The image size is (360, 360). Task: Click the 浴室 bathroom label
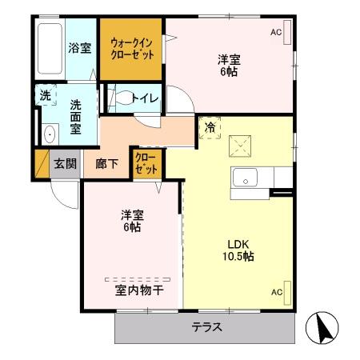(78, 47)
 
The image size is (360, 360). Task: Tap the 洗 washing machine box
(46, 95)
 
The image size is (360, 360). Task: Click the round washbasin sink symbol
(50, 134)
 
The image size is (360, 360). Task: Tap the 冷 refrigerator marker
(210, 127)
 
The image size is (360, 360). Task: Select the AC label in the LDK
(276, 291)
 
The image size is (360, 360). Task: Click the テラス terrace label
(206, 327)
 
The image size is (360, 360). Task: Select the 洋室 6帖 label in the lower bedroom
(132, 221)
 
